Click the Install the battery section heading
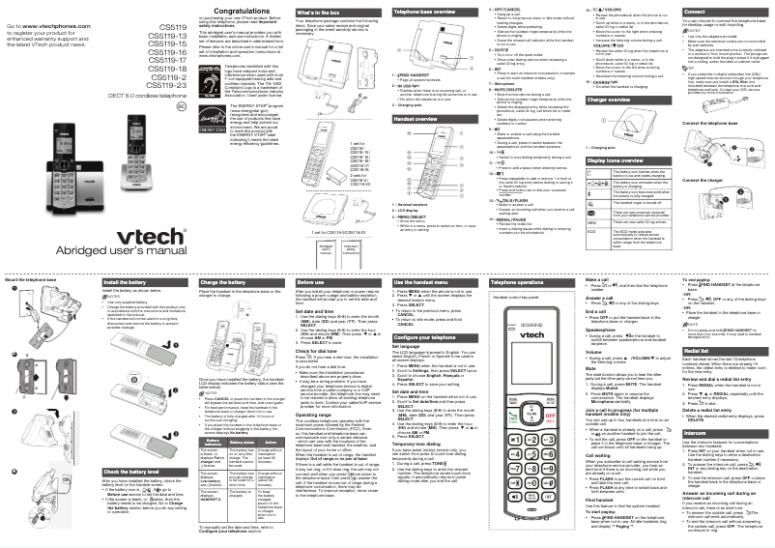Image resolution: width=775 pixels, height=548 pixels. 126,283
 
